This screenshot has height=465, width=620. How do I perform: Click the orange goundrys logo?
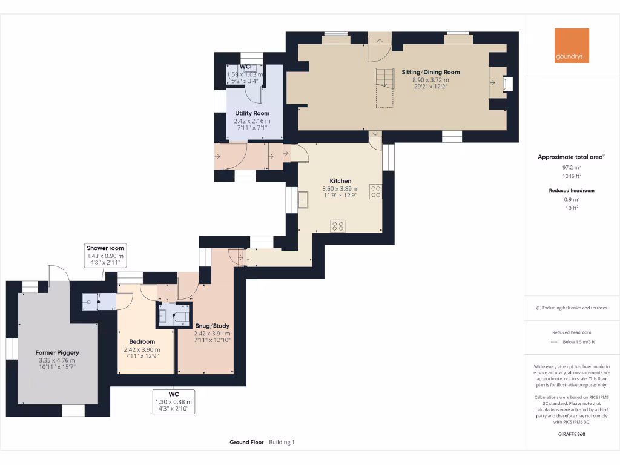click(x=572, y=45)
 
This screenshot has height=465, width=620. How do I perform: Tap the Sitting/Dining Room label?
click(x=430, y=72)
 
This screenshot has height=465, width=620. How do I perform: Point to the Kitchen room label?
click(x=340, y=181)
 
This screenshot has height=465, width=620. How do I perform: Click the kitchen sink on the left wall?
click(x=303, y=198)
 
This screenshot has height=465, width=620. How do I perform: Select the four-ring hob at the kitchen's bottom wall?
click(x=338, y=226)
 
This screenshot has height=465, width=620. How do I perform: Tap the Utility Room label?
click(x=252, y=113)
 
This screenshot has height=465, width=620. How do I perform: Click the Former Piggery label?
click(x=57, y=352)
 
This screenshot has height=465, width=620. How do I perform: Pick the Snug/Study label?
click(x=212, y=326)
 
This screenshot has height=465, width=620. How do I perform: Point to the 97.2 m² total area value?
click(x=572, y=167)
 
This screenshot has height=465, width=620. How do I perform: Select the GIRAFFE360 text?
click(x=572, y=434)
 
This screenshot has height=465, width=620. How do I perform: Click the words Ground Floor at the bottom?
click(x=246, y=443)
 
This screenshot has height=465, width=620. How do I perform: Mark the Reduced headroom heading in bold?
click(x=572, y=190)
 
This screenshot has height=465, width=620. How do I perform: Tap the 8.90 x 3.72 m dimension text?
click(x=430, y=79)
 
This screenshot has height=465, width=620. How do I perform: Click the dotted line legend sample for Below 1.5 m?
click(x=553, y=342)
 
